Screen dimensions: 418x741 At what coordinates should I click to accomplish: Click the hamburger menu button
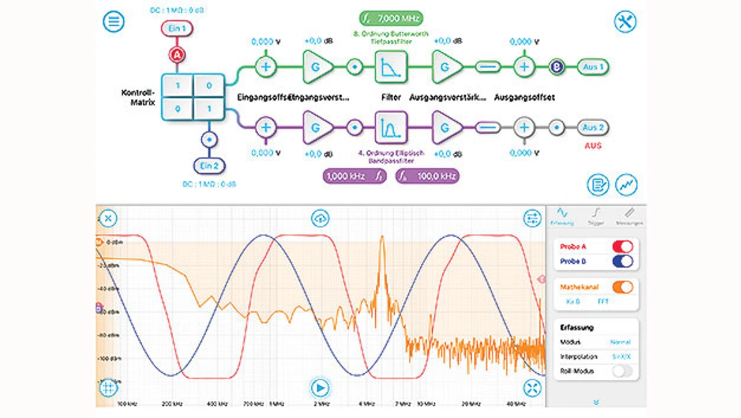[113, 22]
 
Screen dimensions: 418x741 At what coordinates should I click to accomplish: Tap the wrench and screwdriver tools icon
[625, 22]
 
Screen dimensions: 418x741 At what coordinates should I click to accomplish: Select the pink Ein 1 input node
[177, 28]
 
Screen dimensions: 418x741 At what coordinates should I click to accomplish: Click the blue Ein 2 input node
[209, 166]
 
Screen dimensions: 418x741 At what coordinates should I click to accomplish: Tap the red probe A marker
[177, 54]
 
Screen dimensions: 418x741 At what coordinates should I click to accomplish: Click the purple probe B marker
[557, 67]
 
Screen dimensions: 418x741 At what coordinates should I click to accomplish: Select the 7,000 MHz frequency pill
[391, 19]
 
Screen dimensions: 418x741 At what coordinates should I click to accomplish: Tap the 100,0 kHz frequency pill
[427, 176]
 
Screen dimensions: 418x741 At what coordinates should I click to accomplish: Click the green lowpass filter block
[391, 67]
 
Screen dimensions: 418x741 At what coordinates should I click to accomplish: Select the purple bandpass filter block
[391, 127]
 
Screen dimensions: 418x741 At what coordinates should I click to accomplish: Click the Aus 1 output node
[593, 67]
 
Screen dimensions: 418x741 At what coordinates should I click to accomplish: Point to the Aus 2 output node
[593, 127]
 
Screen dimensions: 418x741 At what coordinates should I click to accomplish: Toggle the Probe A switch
[622, 246]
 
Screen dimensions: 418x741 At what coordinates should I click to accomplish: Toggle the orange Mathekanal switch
[622, 287]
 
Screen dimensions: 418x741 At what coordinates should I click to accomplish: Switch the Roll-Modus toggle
[622, 371]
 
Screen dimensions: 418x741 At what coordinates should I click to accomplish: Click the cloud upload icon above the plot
[320, 218]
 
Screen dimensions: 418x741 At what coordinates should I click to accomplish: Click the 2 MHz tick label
[320, 403]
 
